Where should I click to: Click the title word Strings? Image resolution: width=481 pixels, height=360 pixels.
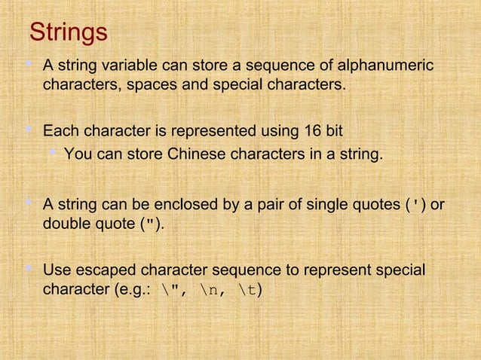point(68,34)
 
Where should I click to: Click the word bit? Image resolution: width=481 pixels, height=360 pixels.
point(333,132)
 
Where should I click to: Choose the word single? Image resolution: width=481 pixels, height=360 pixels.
point(329,204)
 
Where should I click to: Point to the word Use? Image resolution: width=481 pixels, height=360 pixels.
point(57,270)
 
